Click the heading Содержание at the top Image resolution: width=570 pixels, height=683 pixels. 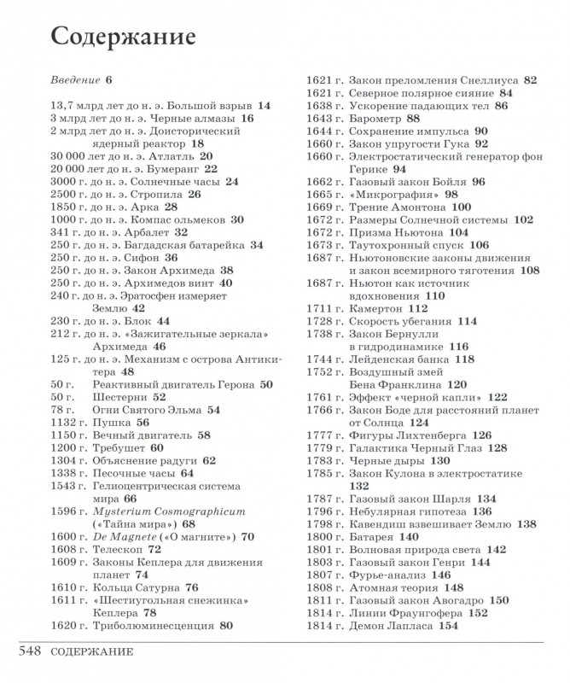tap(124, 38)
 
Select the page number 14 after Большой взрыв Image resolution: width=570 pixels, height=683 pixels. tap(263, 106)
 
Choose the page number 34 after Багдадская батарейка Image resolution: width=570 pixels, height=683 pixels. tap(256, 244)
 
